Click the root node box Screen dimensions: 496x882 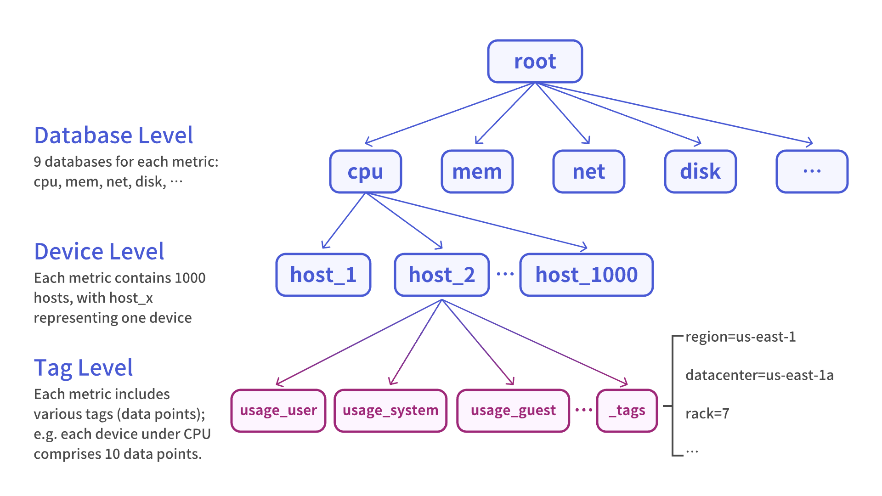tap(535, 61)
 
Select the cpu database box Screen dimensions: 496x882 tap(365, 171)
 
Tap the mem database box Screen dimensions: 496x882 tap(477, 171)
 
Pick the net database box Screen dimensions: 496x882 tap(588, 171)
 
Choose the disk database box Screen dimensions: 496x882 tap(700, 171)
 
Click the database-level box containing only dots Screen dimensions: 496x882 tap(812, 171)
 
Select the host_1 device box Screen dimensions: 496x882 tap(323, 275)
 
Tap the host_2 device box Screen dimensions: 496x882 tap(441, 275)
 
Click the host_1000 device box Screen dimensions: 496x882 tap(586, 275)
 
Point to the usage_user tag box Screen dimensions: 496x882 tap(278, 410)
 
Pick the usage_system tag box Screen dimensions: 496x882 tap(390, 410)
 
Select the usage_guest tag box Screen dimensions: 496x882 tap(513, 410)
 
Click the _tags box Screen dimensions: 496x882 tap(627, 410)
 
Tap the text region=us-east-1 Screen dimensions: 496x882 tap(740, 337)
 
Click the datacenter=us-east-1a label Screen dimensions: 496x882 tap(759, 375)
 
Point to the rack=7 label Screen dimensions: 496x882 tap(707, 414)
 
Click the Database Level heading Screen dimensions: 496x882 tap(113, 135)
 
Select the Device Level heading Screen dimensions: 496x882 tap(99, 252)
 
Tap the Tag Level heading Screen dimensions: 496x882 tap(83, 368)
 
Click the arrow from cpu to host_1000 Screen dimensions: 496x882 tap(478, 221)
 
